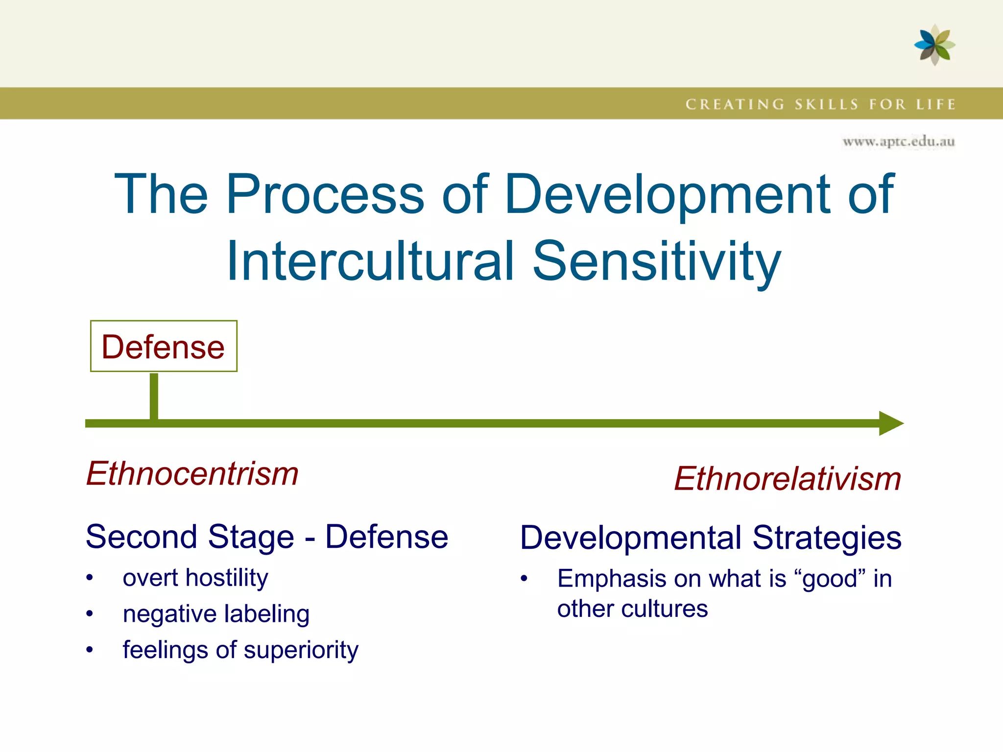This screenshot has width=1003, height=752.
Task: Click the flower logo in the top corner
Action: point(934,45)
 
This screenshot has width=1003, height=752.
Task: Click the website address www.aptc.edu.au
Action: point(899,142)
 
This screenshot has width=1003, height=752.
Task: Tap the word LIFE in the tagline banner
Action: point(936,104)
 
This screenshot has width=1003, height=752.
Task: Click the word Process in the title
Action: point(325,194)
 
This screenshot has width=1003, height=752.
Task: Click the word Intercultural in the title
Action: point(370,261)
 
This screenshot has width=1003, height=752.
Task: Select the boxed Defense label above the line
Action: point(164,347)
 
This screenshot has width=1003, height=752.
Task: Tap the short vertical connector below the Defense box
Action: point(154,396)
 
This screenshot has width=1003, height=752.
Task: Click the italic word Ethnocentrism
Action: point(192,474)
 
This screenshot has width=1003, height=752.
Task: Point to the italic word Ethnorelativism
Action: point(788,479)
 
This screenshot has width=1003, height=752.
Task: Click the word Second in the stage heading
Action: point(141,537)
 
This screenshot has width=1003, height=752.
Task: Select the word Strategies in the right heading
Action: point(827,538)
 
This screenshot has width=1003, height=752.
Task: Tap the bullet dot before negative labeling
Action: point(89,614)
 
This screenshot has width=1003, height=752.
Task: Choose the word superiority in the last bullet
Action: point(301,650)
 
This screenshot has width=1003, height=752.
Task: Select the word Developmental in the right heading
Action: point(631,538)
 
